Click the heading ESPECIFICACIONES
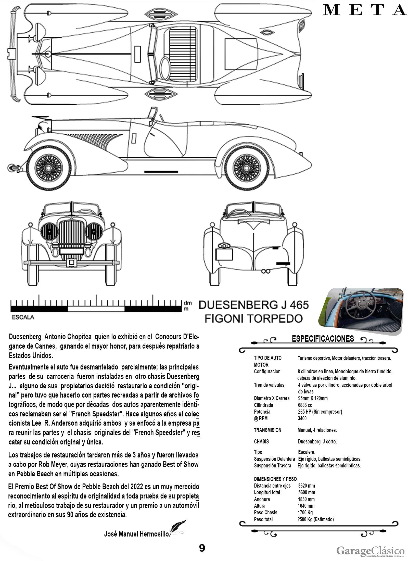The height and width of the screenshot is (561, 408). (x=323, y=339)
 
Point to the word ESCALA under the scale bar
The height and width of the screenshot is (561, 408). (x=23, y=317)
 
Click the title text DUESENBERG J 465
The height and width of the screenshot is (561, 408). (x=253, y=305)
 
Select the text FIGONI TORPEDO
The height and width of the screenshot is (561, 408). (x=254, y=318)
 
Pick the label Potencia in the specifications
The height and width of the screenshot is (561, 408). (x=262, y=412)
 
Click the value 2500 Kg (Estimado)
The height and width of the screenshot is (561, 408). (x=315, y=519)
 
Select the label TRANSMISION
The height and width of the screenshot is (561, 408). (x=267, y=430)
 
